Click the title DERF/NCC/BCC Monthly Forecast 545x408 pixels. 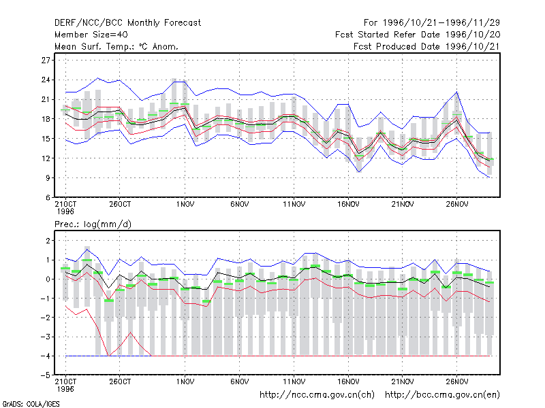pos(127,23)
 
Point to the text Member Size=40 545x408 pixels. pos(91,35)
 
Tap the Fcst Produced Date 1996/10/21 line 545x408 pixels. pos(426,46)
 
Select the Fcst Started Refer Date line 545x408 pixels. pos(418,35)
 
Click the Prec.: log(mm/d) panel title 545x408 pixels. pos(93,224)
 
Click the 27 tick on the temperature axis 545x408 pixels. pos(46,61)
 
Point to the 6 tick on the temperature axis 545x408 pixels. pos(48,197)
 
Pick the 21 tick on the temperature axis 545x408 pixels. pos(46,99)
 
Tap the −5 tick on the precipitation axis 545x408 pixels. pos(45,375)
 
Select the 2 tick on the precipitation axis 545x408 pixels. pos(48,241)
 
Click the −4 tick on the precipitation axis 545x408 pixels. pos(45,356)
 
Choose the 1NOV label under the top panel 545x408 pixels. pos(185,205)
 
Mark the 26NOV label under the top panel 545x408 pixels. pos(456,205)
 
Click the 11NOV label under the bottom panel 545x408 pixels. pos(294,381)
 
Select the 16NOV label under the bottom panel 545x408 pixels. pos(348,381)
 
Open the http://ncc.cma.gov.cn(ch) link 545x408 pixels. pos(317,395)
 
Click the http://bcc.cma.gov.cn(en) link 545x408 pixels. pos(442,395)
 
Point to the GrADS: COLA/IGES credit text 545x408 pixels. pos(31,404)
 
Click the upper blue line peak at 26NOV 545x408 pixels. pos(456,92)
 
